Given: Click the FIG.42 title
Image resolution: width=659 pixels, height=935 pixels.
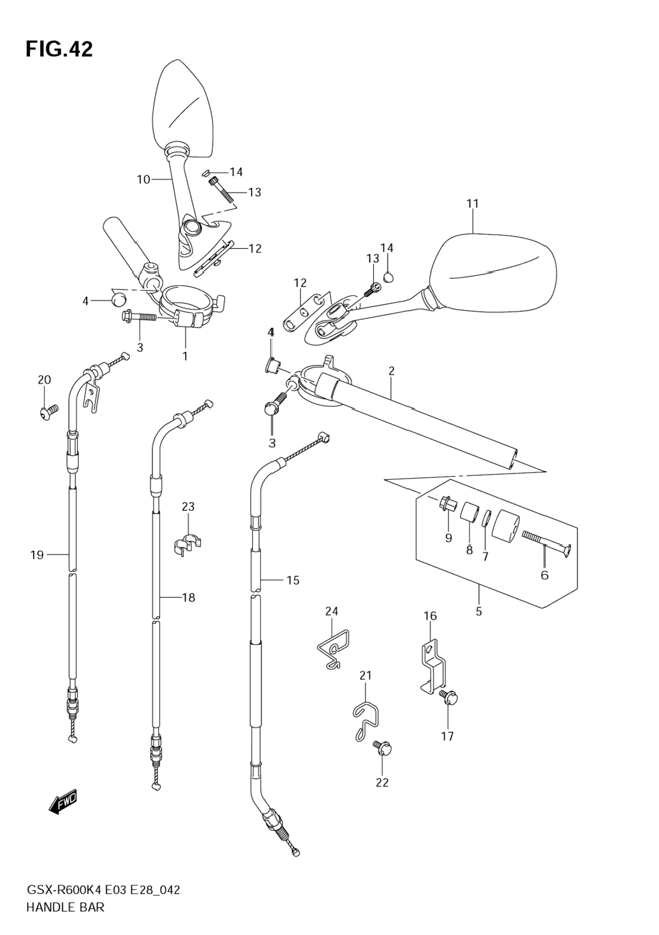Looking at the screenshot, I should pyautogui.click(x=59, y=49).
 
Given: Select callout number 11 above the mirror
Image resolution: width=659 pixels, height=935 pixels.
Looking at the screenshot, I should pyautogui.click(x=472, y=204).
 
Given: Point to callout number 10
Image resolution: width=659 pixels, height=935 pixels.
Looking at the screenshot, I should pyautogui.click(x=143, y=180).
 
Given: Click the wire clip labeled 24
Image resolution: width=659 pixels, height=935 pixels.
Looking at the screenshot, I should pyautogui.click(x=334, y=648).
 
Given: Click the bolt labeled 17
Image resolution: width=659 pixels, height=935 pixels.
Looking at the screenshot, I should pyautogui.click(x=448, y=699).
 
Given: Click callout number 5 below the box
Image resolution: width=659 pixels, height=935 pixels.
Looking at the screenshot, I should pyautogui.click(x=479, y=611).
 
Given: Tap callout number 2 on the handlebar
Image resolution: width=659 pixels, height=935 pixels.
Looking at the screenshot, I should pyautogui.click(x=391, y=371).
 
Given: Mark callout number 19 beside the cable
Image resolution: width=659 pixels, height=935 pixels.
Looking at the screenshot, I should pyautogui.click(x=37, y=555).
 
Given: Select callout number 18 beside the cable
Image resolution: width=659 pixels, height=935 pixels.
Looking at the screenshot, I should pyautogui.click(x=189, y=598).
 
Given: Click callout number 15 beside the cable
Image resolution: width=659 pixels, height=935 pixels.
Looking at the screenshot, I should pyautogui.click(x=293, y=581).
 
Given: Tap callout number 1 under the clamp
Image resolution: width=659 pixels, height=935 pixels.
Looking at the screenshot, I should pyautogui.click(x=185, y=356).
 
